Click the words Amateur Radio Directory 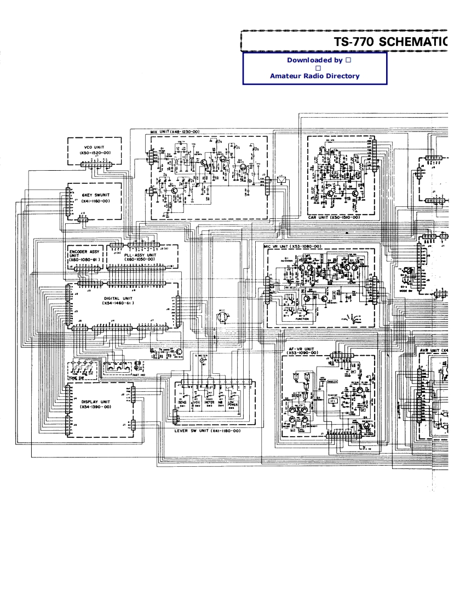point(314,76)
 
